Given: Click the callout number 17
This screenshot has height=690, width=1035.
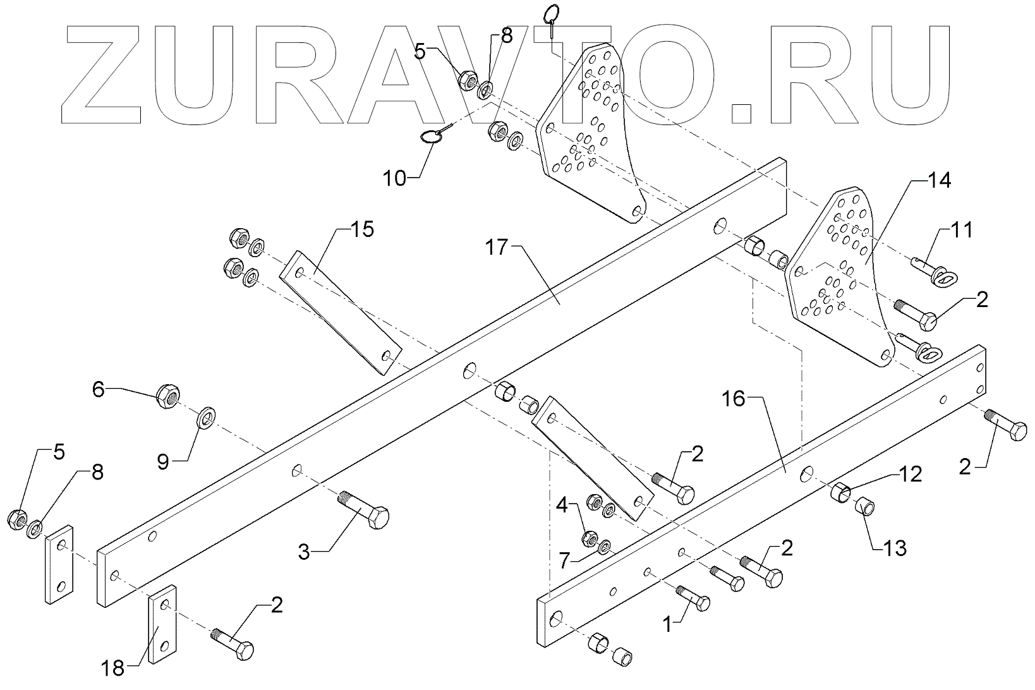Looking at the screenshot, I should tap(497, 247).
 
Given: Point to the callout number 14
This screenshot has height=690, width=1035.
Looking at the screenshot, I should tap(938, 181).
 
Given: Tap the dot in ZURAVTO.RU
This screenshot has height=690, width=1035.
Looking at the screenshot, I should tap(737, 112).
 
